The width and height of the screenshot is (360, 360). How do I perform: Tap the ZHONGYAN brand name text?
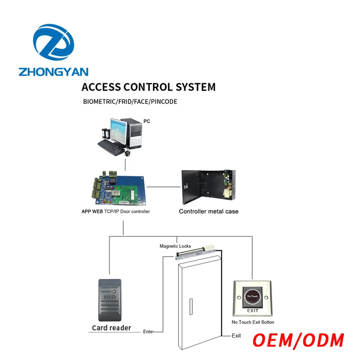[x=54, y=72]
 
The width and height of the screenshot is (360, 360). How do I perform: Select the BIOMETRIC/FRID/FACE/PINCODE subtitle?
[x=130, y=102]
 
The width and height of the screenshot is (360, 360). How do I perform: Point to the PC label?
[x=147, y=121]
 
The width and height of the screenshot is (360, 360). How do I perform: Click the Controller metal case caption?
[x=208, y=211]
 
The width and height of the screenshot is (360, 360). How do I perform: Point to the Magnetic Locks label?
[x=175, y=246]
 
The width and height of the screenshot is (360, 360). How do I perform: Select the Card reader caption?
[x=111, y=328]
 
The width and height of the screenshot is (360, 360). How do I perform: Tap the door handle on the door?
[x=192, y=308]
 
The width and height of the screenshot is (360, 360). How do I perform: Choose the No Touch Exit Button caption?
[x=252, y=322]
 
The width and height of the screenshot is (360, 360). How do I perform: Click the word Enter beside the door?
[x=149, y=332]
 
